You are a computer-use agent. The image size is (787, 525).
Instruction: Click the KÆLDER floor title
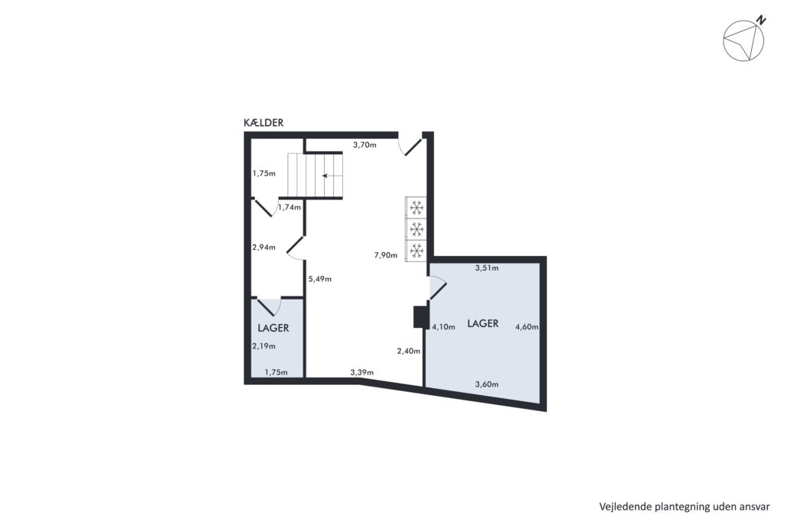pyautogui.click(x=264, y=123)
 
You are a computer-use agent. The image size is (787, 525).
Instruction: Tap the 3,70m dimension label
pyautogui.click(x=364, y=145)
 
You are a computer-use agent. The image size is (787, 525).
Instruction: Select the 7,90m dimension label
pyautogui.click(x=385, y=255)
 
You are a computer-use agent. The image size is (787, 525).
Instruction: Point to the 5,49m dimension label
pyautogui.click(x=319, y=279)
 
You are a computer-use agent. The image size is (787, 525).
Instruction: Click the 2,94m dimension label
pyautogui.click(x=264, y=248)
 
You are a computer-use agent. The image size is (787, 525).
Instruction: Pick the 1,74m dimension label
pyautogui.click(x=290, y=207)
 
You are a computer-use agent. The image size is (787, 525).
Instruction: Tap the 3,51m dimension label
pyautogui.click(x=487, y=268)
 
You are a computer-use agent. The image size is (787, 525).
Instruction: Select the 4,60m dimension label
pyautogui.click(x=527, y=327)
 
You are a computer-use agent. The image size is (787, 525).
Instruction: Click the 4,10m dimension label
pyautogui.click(x=444, y=327)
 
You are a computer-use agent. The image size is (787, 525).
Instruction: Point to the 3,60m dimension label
pyautogui.click(x=487, y=384)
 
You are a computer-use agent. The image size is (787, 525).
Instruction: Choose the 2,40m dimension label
pyautogui.click(x=409, y=352)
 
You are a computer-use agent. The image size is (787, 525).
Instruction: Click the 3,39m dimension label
pyautogui.click(x=362, y=372)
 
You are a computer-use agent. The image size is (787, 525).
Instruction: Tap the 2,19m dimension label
pyautogui.click(x=264, y=346)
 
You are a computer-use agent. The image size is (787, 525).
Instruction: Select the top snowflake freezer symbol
pyautogui.click(x=416, y=207)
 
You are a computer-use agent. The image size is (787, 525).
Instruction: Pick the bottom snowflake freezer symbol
pyautogui.click(x=416, y=249)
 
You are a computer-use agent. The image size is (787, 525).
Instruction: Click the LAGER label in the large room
pyautogui.click(x=483, y=324)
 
